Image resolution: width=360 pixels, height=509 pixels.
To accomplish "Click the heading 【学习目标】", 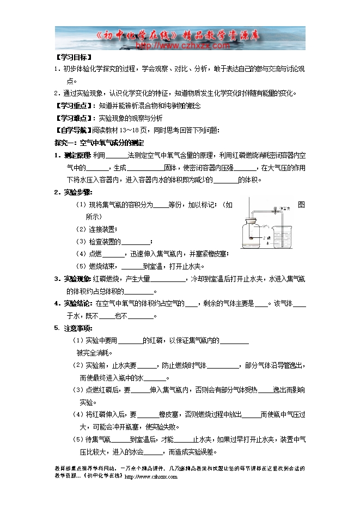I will coord(74,57).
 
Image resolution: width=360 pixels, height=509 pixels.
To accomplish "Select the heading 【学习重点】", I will coord(74,105).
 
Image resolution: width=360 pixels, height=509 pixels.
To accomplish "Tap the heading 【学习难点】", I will coord(74,118).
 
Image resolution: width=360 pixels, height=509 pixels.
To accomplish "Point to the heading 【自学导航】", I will coord(74,130).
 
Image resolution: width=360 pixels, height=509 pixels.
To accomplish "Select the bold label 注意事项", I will coord(77,328).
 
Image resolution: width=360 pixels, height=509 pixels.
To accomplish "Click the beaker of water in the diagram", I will coord(282,234).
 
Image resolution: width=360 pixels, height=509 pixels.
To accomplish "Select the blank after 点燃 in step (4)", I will coord(113,254).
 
